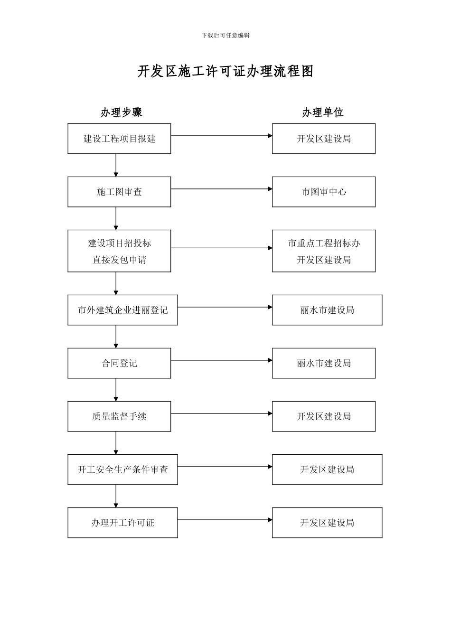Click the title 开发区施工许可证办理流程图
click(x=225, y=71)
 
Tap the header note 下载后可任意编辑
click(x=225, y=35)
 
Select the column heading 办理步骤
click(x=121, y=113)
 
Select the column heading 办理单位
click(x=323, y=113)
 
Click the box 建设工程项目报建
click(x=119, y=139)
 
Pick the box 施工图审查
click(x=119, y=192)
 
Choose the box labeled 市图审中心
click(x=323, y=192)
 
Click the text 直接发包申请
click(x=119, y=260)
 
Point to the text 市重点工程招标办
click(x=324, y=244)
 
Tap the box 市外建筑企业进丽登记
click(x=122, y=310)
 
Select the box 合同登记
click(x=119, y=363)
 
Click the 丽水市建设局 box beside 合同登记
click(x=323, y=363)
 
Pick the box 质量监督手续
click(x=119, y=416)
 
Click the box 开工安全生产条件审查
click(x=122, y=469)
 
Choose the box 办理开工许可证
click(x=122, y=523)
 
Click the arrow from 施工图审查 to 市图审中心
click(x=221, y=189)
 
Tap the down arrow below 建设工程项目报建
click(x=116, y=165)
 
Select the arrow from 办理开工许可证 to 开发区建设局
click(x=225, y=520)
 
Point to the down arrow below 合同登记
click(x=116, y=390)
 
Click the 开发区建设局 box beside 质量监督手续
click(x=323, y=416)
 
